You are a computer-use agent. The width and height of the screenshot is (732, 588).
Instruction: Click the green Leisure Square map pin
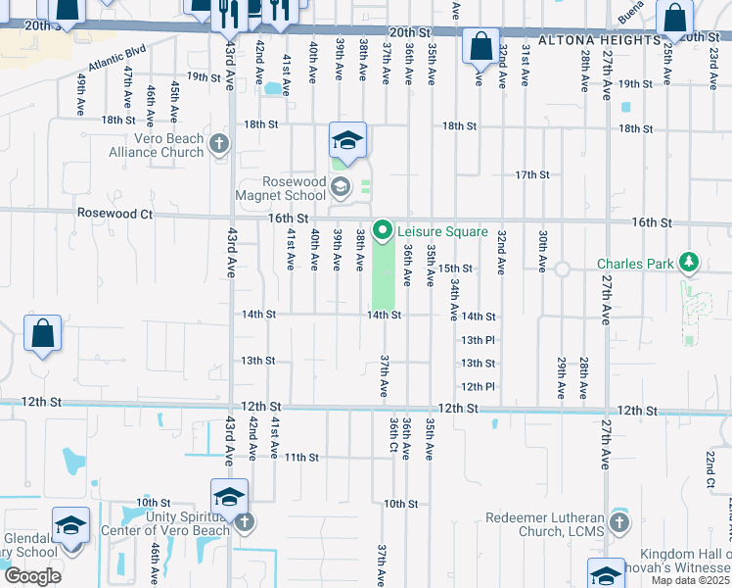pos(382,231)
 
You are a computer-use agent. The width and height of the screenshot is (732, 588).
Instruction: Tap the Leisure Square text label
pos(441,232)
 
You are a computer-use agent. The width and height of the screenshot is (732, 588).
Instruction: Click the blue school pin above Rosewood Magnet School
pos(346,142)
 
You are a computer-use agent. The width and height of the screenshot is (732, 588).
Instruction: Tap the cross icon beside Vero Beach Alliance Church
pos(218,145)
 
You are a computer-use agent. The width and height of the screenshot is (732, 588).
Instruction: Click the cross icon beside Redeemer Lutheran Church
pos(618,523)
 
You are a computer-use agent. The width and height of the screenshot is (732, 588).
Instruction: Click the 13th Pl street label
pos(478,340)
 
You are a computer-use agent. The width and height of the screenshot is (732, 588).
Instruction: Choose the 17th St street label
pos(532,174)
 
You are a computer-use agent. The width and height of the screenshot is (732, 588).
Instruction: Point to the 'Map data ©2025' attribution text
pos(690,580)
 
